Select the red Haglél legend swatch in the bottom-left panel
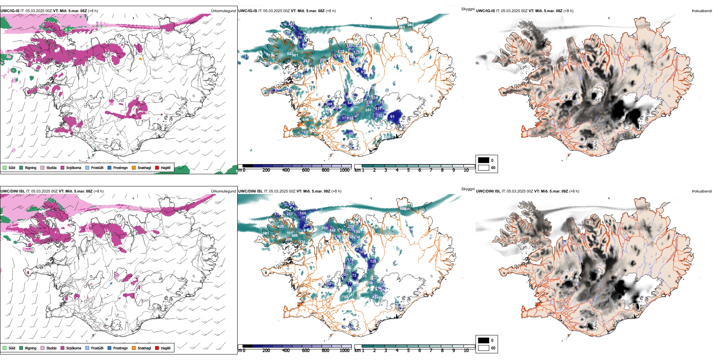157,348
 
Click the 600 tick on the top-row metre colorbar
306,170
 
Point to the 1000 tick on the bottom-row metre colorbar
344,351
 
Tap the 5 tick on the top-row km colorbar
409,170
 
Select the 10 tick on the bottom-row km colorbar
466,351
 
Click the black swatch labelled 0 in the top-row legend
484,160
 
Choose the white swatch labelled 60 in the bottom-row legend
484,348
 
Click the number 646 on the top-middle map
305,120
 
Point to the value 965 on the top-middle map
402,27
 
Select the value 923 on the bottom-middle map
266,233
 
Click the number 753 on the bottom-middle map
345,297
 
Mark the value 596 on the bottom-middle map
403,208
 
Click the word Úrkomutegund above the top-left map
223,11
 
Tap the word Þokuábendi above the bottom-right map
702,191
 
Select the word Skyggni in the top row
468,9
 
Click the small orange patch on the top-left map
141,59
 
